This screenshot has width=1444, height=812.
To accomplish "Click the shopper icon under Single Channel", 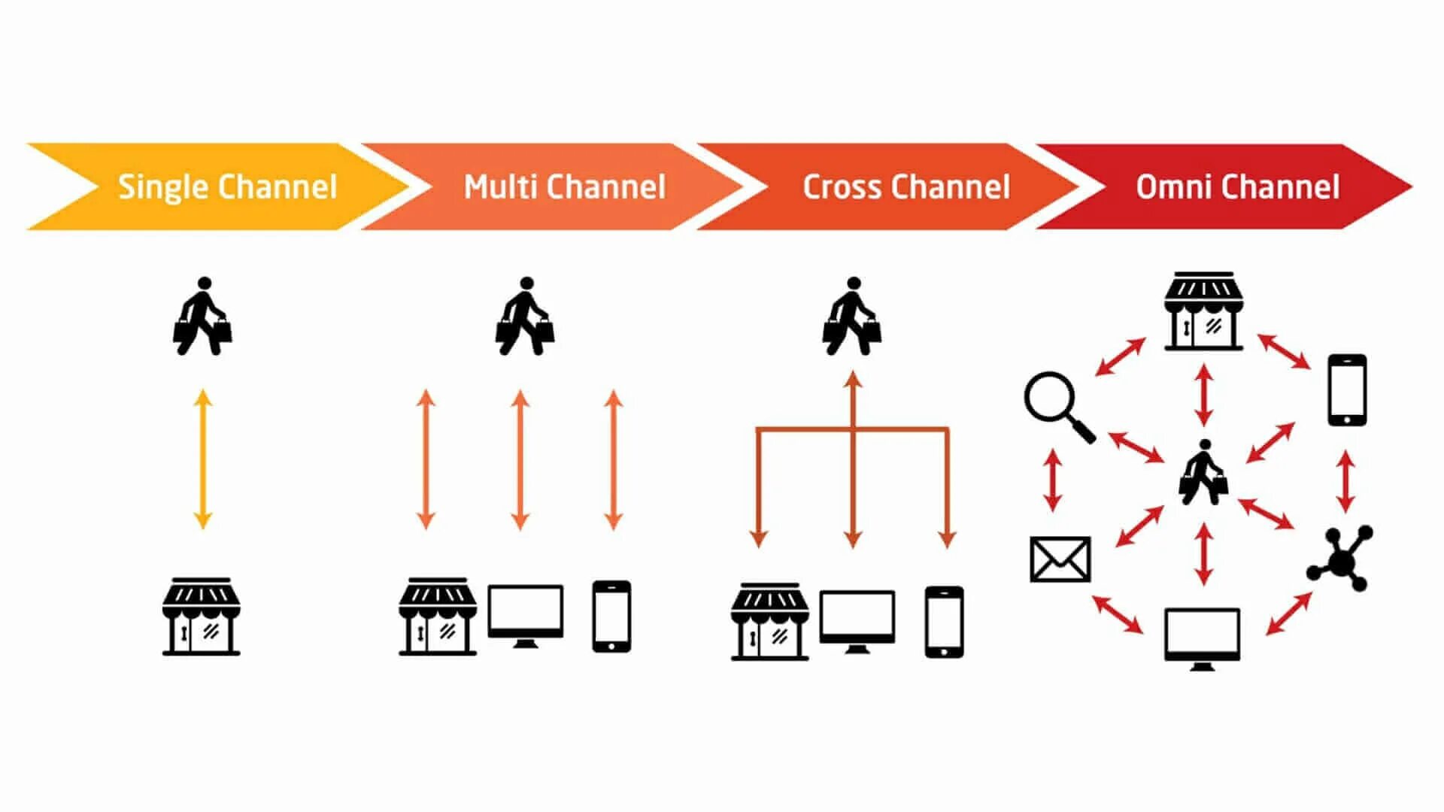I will (x=202, y=317).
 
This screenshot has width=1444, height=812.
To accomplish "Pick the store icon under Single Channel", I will (x=202, y=617).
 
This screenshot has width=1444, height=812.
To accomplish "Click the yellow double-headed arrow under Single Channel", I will (x=202, y=459).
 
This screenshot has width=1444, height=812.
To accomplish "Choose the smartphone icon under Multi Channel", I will (x=611, y=616).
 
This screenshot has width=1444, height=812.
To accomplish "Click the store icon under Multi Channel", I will (x=438, y=617).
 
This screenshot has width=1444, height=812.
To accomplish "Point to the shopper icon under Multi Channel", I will (x=525, y=317).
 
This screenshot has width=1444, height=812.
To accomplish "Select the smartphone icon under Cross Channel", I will (x=944, y=622).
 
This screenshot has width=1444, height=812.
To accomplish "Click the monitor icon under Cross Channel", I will (x=857, y=622).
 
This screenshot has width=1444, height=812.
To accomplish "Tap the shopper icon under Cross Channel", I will (x=851, y=317).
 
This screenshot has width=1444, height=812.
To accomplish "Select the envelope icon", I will (x=1060, y=559).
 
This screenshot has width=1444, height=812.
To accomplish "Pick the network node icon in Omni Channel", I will (x=1341, y=559).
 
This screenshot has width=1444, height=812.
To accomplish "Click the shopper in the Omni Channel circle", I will (x=1203, y=473).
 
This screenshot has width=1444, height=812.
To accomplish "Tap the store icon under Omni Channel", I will (x=1203, y=311).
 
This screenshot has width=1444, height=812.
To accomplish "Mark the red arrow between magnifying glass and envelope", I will (x=1053, y=480).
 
